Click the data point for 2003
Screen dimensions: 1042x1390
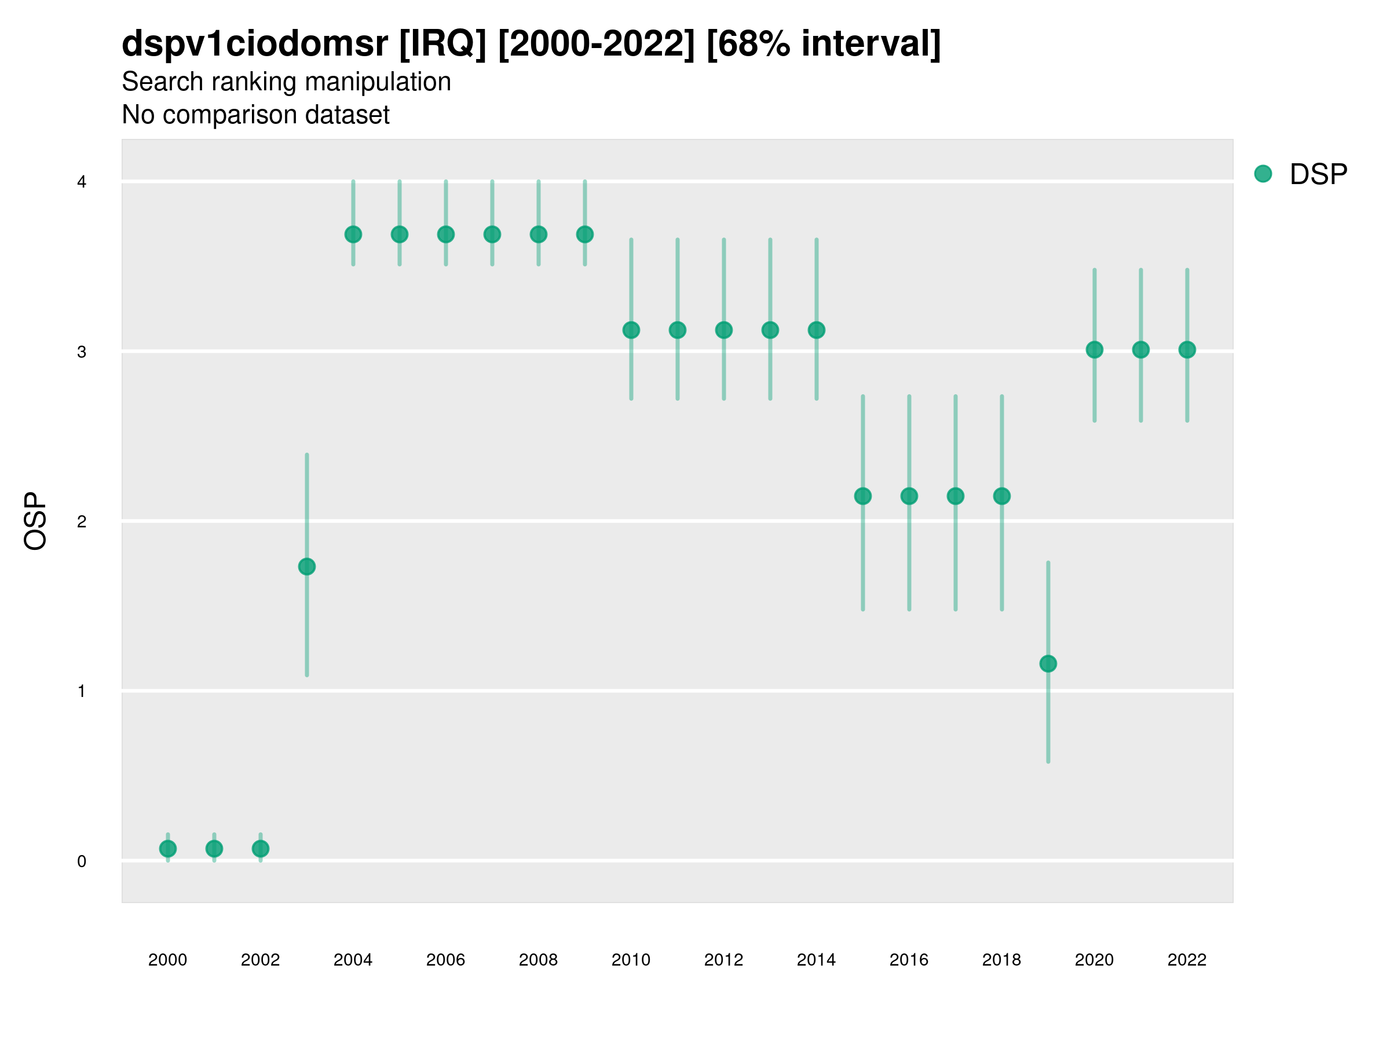[x=306, y=567]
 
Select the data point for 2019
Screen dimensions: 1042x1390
[x=1048, y=663]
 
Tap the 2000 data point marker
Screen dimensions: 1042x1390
[x=168, y=849]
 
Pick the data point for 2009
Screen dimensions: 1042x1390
[x=585, y=234]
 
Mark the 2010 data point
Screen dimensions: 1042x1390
[x=631, y=330]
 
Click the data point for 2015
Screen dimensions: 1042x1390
[x=863, y=496]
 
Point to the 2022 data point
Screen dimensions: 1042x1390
[x=1187, y=350]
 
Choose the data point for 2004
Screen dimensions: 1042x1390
[x=353, y=234]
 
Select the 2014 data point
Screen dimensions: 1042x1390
[x=816, y=330]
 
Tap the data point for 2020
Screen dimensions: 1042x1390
[x=1095, y=350]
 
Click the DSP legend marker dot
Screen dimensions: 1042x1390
[x=1263, y=174]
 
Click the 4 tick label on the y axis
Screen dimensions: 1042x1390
[x=82, y=182]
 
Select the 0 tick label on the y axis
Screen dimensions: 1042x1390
[x=82, y=861]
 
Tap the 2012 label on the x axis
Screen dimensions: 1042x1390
[x=723, y=960]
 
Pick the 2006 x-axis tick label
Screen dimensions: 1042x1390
[x=445, y=960]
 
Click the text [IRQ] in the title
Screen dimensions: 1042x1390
[x=442, y=44]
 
